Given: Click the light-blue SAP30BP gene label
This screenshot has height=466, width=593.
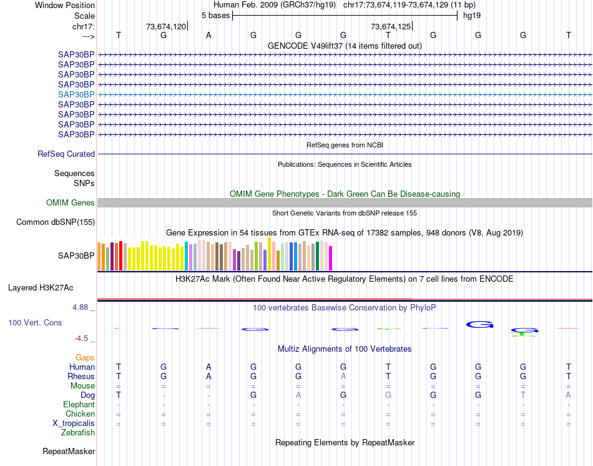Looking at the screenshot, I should [76, 94].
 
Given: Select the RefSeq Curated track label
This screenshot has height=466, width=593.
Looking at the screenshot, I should [66, 154].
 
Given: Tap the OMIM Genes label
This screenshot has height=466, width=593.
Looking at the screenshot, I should [71, 203].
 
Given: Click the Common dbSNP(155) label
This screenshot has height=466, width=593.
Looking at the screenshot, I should [56, 222].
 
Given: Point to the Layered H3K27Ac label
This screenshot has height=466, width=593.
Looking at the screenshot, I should [41, 288].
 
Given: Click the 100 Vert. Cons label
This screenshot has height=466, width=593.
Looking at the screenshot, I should [35, 323].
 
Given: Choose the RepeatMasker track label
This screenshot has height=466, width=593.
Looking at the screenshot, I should [69, 451].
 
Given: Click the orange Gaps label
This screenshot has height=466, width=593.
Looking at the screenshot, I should [85, 357].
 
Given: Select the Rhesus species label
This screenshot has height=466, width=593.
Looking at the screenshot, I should [81, 377].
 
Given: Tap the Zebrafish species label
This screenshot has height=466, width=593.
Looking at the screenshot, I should [78, 432].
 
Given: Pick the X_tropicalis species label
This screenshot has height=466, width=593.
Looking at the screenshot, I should [74, 424].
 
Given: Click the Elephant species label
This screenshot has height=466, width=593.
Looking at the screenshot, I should [79, 405].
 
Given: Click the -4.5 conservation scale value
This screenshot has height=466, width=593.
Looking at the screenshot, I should [82, 339].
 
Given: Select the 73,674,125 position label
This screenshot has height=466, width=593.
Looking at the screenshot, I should [391, 26].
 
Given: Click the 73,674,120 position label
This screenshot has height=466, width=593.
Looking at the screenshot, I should [165, 26].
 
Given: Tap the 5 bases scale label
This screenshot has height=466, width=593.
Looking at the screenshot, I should [215, 15].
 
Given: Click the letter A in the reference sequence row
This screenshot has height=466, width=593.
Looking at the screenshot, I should [208, 35].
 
